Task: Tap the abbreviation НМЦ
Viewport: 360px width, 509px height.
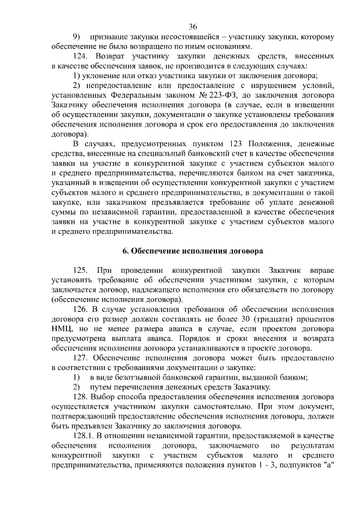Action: [61, 328]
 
